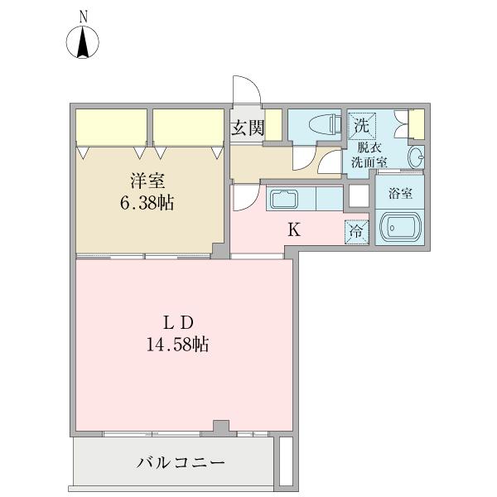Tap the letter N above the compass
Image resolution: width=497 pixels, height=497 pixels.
(x=83, y=16)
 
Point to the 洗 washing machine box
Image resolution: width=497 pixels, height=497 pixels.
(x=361, y=127)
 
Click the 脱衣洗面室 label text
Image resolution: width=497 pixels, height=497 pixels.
(x=369, y=155)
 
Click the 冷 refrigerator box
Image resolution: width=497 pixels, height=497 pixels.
(x=356, y=233)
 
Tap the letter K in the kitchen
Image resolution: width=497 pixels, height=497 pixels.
(x=293, y=230)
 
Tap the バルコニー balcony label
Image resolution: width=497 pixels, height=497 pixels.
(x=181, y=462)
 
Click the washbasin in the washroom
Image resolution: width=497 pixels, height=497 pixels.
(x=417, y=155)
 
